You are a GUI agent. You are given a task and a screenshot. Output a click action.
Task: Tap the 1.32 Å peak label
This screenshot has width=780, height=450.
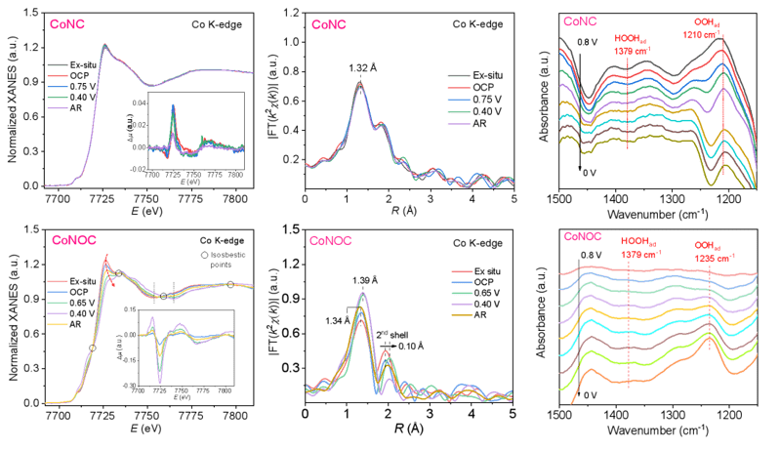[362, 67]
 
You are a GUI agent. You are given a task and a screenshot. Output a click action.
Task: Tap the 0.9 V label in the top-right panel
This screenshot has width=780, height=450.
[584, 42]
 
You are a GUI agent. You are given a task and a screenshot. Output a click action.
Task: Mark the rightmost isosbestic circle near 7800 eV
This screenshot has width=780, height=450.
[230, 284]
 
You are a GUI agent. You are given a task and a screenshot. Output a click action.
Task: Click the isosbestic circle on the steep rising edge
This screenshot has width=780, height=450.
[93, 348]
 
